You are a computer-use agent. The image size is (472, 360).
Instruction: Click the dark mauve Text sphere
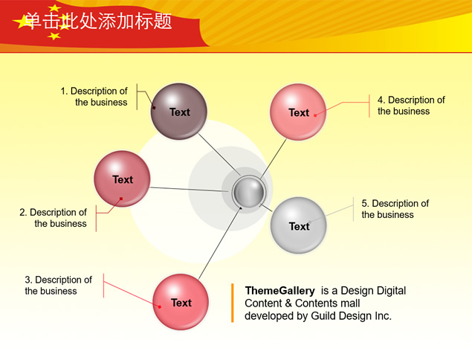click(179, 112)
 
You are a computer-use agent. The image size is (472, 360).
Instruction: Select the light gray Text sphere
click(298, 225)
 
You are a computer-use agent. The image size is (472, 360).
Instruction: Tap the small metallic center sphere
click(249, 192)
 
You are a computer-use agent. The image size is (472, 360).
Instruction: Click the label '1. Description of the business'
click(94, 97)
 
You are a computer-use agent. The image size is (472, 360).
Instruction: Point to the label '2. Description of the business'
click(53, 218)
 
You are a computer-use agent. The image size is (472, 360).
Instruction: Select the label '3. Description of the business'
click(59, 285)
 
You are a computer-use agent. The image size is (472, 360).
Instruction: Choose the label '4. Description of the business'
click(411, 105)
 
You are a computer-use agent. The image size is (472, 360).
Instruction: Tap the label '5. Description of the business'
click(395, 209)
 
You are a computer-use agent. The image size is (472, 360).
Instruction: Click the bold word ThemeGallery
click(280, 291)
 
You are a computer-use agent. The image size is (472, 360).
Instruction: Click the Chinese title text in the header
click(98, 21)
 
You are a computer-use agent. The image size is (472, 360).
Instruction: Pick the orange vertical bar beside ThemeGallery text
click(233, 303)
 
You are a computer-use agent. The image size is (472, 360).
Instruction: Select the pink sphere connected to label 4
click(298, 112)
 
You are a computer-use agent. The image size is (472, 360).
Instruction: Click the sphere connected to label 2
click(122, 179)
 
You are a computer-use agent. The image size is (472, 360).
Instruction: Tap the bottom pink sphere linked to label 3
click(181, 302)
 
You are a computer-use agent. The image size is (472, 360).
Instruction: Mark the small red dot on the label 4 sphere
click(315, 115)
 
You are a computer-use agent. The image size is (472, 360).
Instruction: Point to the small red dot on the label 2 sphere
click(121, 199)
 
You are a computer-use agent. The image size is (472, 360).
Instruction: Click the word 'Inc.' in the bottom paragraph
click(384, 315)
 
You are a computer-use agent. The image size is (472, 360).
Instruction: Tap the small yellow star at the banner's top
click(54, 8)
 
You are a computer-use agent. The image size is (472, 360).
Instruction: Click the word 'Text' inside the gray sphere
click(300, 226)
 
